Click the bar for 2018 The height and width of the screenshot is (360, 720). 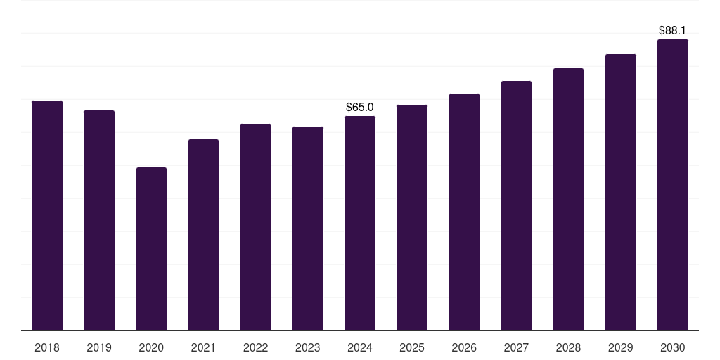pyautogui.click(x=47, y=215)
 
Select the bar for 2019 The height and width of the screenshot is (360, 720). pyautogui.click(x=99, y=220)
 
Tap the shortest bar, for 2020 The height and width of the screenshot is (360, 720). pyautogui.click(x=151, y=249)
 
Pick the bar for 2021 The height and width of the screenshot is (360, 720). pyautogui.click(x=203, y=235)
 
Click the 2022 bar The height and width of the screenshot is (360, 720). pyautogui.click(x=255, y=227)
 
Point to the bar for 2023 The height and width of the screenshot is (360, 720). pyautogui.click(x=308, y=229)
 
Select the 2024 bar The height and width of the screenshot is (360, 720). pyautogui.click(x=360, y=223)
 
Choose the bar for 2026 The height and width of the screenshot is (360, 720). pyautogui.click(x=464, y=212)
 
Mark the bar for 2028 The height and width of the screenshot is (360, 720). pyautogui.click(x=568, y=199)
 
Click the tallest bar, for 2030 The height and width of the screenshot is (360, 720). pyautogui.click(x=673, y=185)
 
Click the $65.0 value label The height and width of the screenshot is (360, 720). pyautogui.click(x=360, y=107)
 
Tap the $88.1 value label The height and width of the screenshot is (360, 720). pyautogui.click(x=673, y=31)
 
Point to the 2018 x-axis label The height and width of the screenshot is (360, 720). pyautogui.click(x=47, y=347)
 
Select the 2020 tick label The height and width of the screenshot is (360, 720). pyautogui.click(x=151, y=347)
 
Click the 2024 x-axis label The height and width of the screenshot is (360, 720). pyautogui.click(x=360, y=347)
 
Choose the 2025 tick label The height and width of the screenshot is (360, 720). pyautogui.click(x=412, y=347)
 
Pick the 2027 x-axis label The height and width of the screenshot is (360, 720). pyautogui.click(x=516, y=347)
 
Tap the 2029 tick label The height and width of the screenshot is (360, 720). pyautogui.click(x=621, y=347)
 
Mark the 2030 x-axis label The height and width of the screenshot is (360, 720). pyautogui.click(x=673, y=347)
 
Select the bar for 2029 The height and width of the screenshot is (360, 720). pyautogui.click(x=621, y=192)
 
